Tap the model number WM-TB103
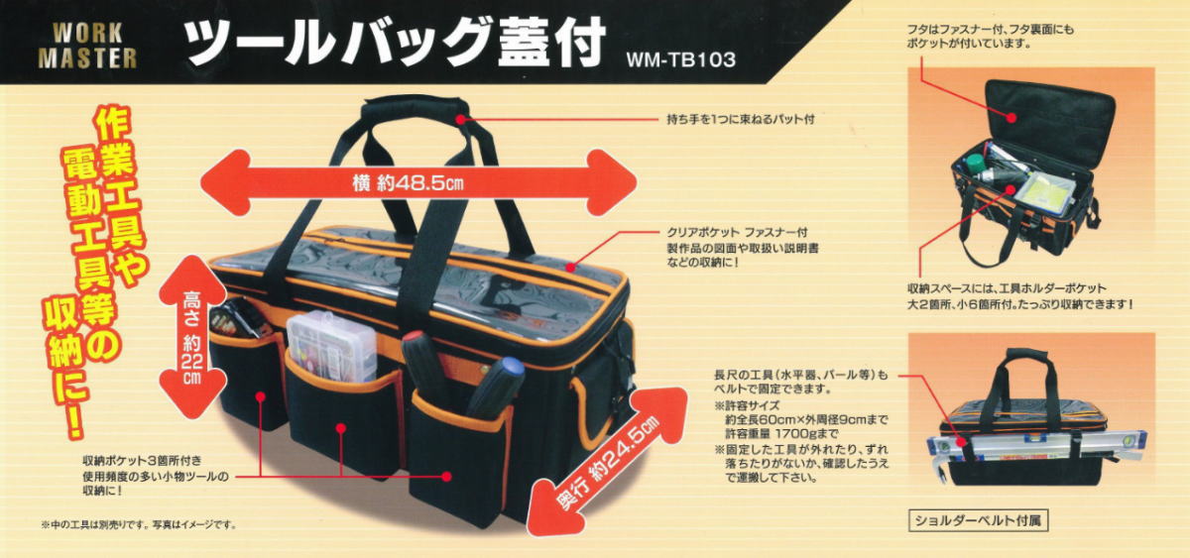pyautogui.click(x=680, y=58)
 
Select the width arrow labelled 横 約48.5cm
pyautogui.click(x=416, y=182)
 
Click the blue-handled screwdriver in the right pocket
pyautogui.click(x=496, y=387)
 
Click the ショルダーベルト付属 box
pyautogui.click(x=978, y=518)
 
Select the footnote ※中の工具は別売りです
pyautogui.click(x=139, y=524)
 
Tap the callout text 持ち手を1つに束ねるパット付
pyautogui.click(x=740, y=119)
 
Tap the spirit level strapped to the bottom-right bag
pyautogui.click(x=1036, y=445)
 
